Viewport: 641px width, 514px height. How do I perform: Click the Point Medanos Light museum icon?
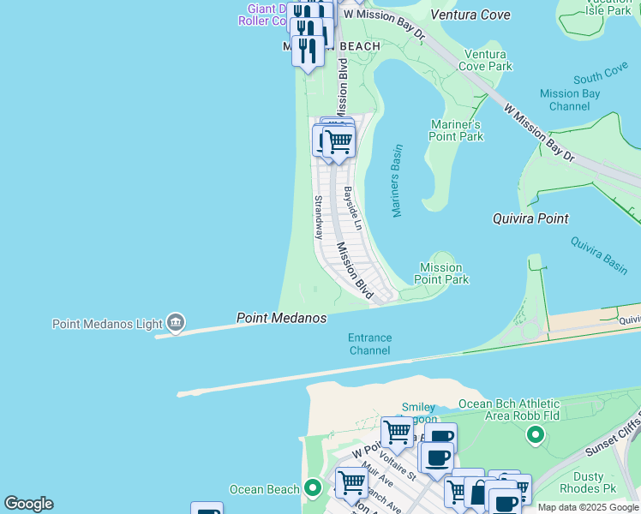coord(176,323)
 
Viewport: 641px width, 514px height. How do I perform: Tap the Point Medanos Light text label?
coord(107,324)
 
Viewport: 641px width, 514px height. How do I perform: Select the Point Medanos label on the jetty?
coord(281,318)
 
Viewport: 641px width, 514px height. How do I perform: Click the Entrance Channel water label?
coord(369,344)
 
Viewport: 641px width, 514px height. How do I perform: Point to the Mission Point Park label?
coord(441,274)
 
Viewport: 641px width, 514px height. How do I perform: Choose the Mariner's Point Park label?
coord(456,130)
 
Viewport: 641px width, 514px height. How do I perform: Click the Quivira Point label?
coord(530,218)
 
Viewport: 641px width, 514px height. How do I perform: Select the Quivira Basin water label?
coord(599,255)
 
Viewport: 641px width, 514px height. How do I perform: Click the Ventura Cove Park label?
coord(485,60)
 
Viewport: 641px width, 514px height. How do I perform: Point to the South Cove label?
coord(600,77)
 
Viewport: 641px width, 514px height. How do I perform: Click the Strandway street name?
coord(318,217)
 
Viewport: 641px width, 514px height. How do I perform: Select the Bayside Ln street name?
coord(352,208)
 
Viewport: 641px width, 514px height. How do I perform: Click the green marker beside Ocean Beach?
coord(314,489)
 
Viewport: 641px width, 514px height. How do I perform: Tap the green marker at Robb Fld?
coord(536,436)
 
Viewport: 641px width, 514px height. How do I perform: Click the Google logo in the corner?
coord(28,504)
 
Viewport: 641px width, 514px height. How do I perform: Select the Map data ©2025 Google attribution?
coord(588,507)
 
